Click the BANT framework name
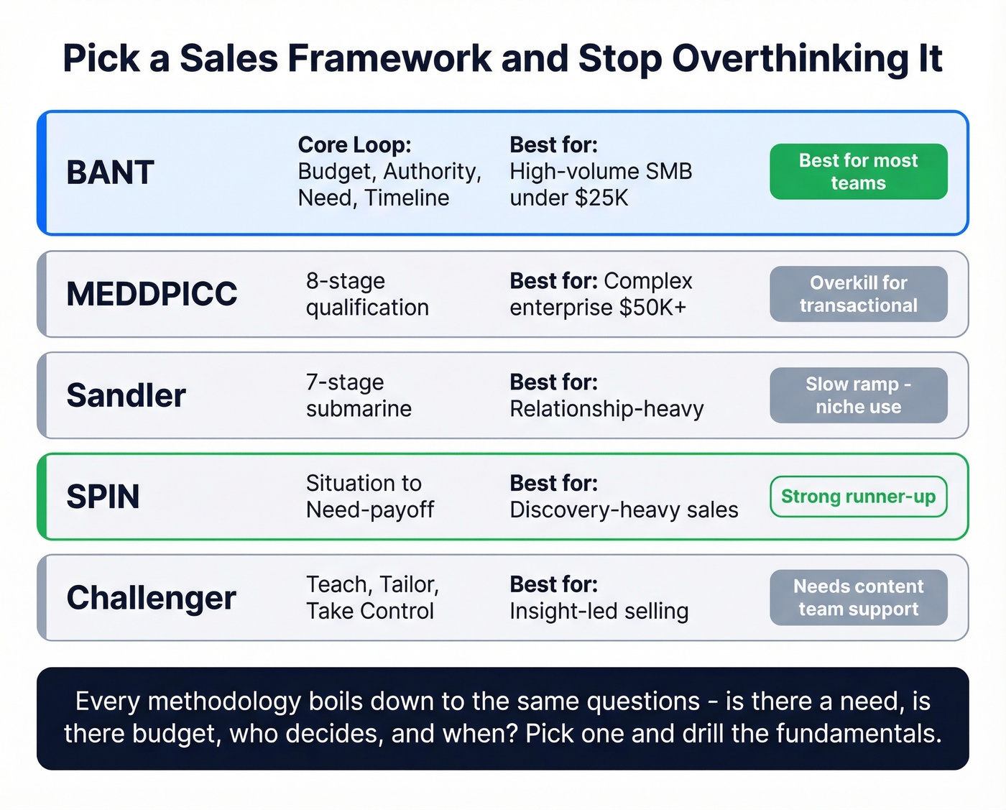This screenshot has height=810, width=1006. [110, 172]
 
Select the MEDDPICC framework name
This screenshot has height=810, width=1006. [152, 294]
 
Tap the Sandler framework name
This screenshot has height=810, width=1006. [126, 395]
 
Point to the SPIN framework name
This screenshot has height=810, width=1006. [103, 497]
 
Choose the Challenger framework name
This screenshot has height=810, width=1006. [151, 598]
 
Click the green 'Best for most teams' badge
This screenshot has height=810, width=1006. [858, 172]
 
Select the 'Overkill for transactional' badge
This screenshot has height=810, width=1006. [858, 294]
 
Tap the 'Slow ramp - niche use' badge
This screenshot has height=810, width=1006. [858, 395]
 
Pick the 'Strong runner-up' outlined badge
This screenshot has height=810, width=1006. [858, 497]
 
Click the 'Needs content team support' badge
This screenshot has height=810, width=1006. [858, 598]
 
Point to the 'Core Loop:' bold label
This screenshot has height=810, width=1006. [354, 144]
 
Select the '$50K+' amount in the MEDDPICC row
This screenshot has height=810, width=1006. [652, 308]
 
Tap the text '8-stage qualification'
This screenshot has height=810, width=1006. [367, 294]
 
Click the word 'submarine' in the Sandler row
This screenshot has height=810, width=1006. [359, 409]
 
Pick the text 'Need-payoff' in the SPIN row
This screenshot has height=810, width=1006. [370, 510]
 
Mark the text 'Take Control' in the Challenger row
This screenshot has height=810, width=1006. [370, 611]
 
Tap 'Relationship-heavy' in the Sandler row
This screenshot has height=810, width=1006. [606, 409]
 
